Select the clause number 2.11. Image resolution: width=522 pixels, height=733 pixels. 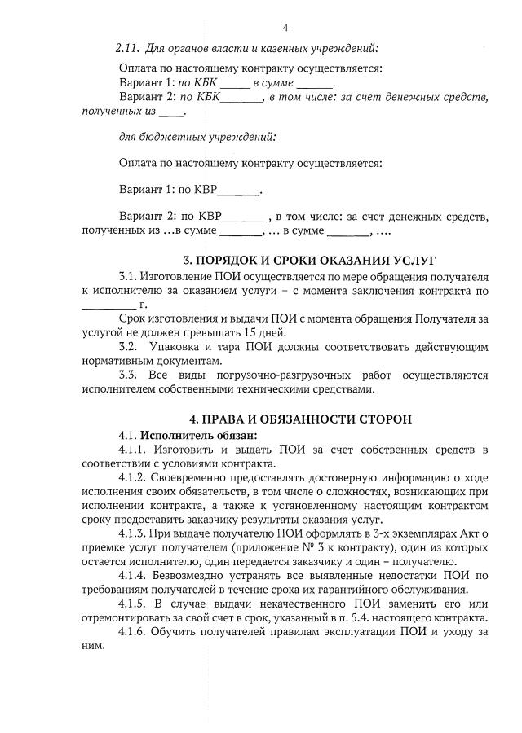tap(129, 50)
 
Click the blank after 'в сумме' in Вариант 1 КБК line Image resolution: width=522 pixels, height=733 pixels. tap(316, 84)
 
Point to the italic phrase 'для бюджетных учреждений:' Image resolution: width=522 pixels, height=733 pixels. tap(197, 136)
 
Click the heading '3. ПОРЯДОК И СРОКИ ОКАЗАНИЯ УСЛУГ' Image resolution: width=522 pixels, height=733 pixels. tap(297, 261)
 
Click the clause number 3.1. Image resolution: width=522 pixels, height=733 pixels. tap(129, 276)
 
